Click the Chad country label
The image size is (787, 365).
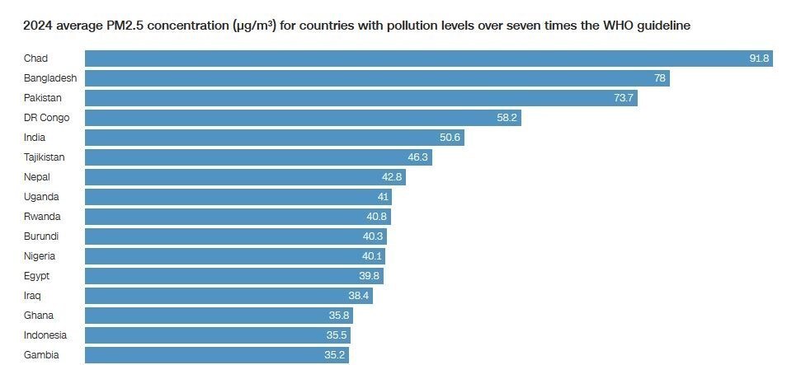[35, 58]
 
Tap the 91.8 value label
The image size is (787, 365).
[759, 58]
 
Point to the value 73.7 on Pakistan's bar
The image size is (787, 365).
[624, 98]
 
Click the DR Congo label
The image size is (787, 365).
[46, 118]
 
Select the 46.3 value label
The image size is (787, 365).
[418, 157]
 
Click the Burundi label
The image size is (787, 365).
[41, 236]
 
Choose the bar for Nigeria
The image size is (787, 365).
[234, 256]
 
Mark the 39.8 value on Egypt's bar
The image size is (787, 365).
[370, 276]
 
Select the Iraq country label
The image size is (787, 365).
[33, 296]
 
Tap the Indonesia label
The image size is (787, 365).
[45, 335]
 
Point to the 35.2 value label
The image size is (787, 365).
[334, 355]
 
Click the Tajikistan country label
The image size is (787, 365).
[45, 157]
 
